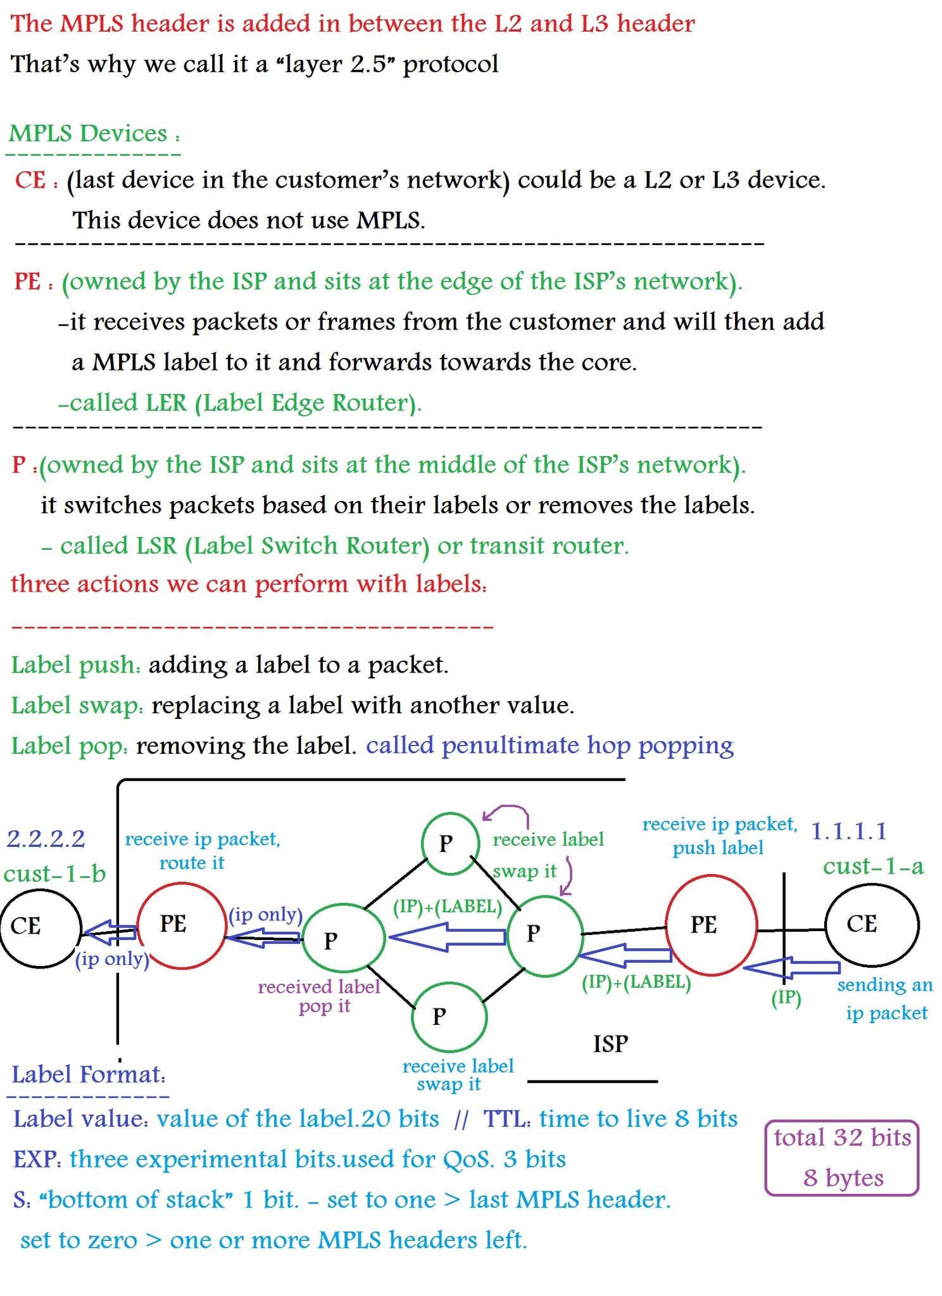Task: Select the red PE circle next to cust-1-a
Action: pyautogui.click(x=711, y=925)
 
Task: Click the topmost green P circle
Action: pyautogui.click(x=449, y=843)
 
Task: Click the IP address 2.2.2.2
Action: pyautogui.click(x=46, y=839)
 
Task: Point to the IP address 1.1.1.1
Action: pyautogui.click(x=848, y=831)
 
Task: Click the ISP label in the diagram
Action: pyautogui.click(x=610, y=1044)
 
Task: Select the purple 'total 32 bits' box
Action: pyautogui.click(x=841, y=1157)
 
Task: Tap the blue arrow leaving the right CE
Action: pyautogui.click(x=791, y=968)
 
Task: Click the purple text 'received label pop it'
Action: pyautogui.click(x=319, y=996)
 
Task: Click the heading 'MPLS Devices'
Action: pyautogui.click(x=88, y=134)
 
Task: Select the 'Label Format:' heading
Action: pyautogui.click(x=88, y=1074)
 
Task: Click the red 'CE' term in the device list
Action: pyautogui.click(x=30, y=180)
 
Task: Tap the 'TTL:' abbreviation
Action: pyautogui.click(x=506, y=1119)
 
